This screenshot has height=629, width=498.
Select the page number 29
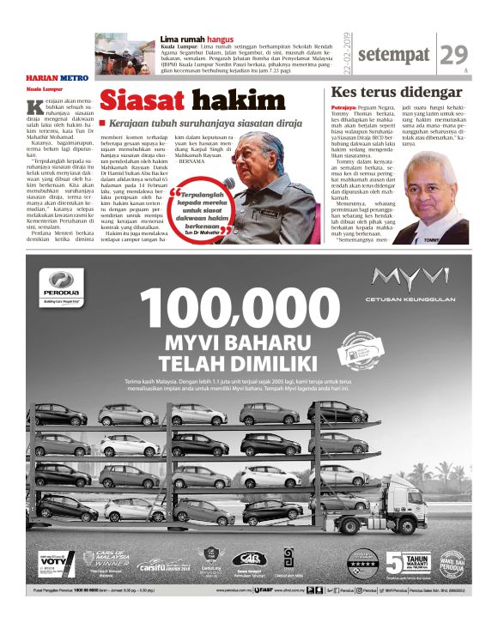click(452, 55)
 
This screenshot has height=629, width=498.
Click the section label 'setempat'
click(392, 56)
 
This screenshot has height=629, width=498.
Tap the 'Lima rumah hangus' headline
click(196, 39)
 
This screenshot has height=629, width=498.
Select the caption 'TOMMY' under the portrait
click(431, 241)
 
